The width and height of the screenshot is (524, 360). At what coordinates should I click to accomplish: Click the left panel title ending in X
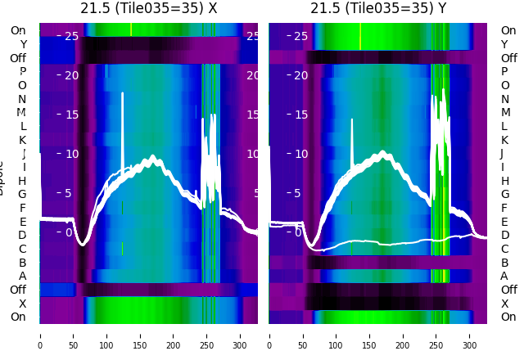pyautogui.click(x=148, y=8)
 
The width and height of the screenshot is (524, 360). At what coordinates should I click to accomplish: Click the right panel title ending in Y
pyautogui.click(x=378, y=8)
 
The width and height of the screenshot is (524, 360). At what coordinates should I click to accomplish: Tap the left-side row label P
pyautogui.click(x=22, y=72)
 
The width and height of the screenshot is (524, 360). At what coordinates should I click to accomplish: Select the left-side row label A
pyautogui.click(x=22, y=277)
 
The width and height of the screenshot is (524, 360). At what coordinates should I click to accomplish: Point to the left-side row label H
pyautogui.click(x=22, y=181)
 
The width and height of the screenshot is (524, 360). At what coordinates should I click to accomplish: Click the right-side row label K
pyautogui.click(x=504, y=140)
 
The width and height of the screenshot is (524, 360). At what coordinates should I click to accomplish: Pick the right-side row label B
pyautogui.click(x=504, y=263)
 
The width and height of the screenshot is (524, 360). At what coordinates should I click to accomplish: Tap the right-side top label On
pyautogui.click(x=508, y=31)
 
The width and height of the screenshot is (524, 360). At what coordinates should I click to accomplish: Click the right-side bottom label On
pyautogui.click(x=508, y=317)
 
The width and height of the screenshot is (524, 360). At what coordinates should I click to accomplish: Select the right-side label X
pyautogui.click(x=504, y=304)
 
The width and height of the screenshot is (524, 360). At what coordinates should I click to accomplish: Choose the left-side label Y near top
pyautogui.click(x=23, y=44)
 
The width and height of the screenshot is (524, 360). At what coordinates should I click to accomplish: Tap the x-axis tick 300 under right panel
pyautogui.click(x=470, y=335)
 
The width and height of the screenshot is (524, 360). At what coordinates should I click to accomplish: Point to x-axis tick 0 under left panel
pyautogui.click(x=40, y=335)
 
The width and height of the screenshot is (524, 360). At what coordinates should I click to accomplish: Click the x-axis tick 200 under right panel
pyautogui.click(x=403, y=335)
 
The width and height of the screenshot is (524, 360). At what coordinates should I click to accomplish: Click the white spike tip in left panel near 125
pyautogui.click(x=123, y=94)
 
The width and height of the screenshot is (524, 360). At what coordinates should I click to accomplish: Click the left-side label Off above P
pyautogui.click(x=18, y=58)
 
